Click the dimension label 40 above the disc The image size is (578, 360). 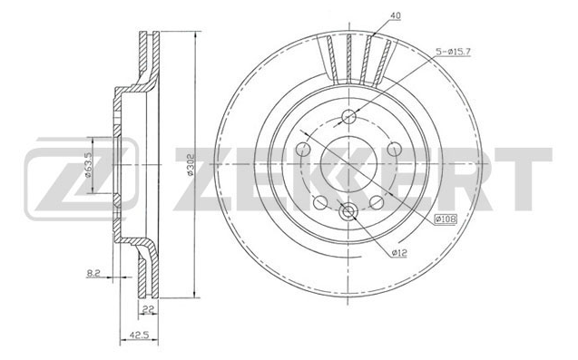(396, 15)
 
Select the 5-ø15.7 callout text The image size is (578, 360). (453, 52)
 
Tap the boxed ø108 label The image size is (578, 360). (446, 219)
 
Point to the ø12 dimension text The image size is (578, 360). (399, 253)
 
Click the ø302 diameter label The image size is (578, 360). (191, 164)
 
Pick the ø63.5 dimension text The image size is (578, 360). (88, 165)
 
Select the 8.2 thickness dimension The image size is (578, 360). (93, 273)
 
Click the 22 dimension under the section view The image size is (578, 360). (147, 309)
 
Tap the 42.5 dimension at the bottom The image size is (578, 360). (139, 335)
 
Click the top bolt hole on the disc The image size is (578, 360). (348, 117)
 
